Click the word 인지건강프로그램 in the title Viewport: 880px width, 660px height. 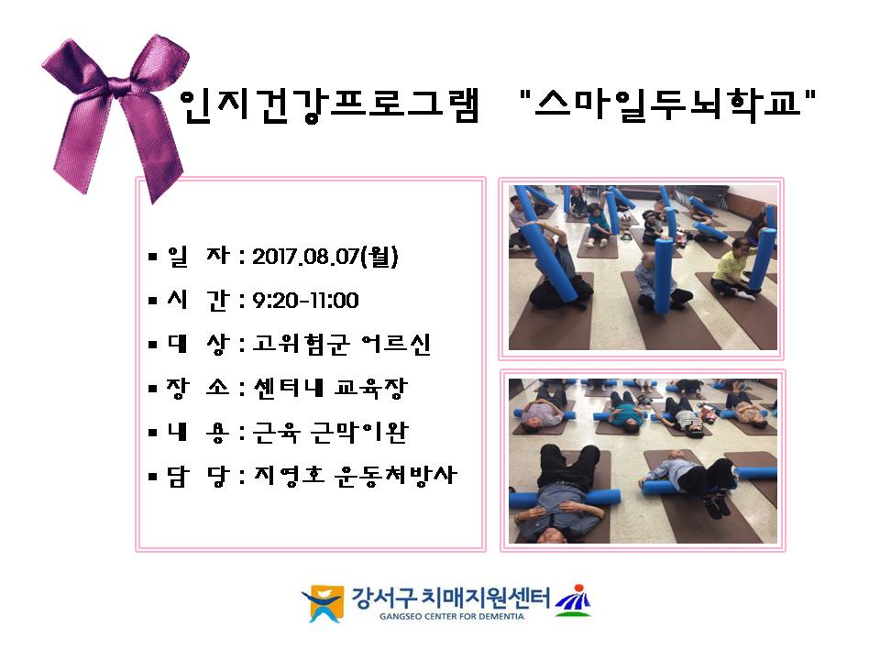point(330,104)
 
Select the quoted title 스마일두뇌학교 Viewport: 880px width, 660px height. point(667,104)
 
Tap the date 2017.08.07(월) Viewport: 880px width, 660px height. point(325,257)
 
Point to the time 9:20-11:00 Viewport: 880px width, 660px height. point(305,301)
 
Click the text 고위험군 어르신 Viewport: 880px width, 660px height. point(341,344)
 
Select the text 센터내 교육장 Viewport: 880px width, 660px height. point(330,388)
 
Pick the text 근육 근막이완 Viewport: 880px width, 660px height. point(331,432)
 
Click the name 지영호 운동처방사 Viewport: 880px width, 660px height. point(356,476)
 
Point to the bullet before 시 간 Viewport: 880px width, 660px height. point(153,302)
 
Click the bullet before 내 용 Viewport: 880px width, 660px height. point(153,433)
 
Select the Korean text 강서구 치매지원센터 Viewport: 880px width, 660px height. point(451,599)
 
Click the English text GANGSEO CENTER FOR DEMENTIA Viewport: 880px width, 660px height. point(451,616)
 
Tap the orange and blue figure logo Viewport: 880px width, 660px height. point(324,603)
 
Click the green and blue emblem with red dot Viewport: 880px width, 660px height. point(573,600)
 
